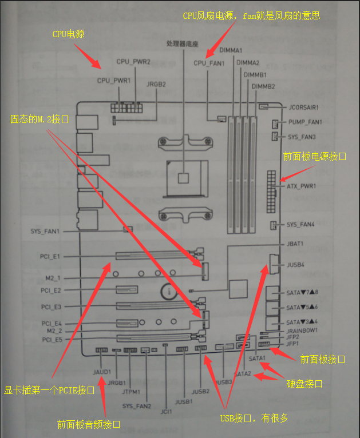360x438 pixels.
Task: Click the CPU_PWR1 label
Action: coord(114,81)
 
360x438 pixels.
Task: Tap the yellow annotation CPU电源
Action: coord(68,34)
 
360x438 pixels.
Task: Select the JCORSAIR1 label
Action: coord(303,107)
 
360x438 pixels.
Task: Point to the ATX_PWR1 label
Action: coord(302,186)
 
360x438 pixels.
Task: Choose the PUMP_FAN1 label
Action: coord(305,122)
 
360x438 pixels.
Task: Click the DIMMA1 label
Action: coord(231,51)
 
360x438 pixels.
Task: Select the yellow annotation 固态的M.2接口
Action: coord(39,120)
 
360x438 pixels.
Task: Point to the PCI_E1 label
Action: coord(50,257)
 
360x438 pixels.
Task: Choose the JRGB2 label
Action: coord(156,84)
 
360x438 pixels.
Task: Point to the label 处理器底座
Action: coord(182,43)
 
